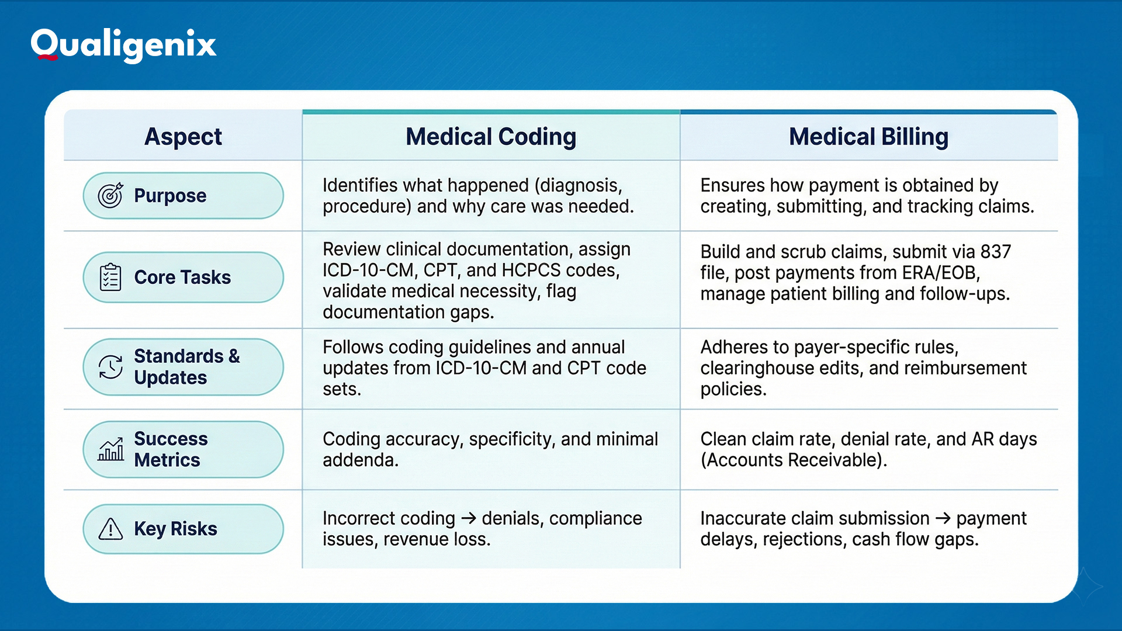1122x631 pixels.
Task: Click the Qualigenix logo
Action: (123, 44)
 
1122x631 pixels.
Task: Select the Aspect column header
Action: (183, 137)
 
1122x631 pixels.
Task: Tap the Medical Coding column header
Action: (491, 137)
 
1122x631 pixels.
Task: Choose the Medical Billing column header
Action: (868, 137)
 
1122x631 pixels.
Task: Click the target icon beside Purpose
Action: (110, 195)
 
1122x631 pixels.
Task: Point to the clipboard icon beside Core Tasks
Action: (110, 277)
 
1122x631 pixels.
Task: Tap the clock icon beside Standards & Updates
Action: (110, 367)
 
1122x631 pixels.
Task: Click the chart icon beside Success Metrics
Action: (110, 449)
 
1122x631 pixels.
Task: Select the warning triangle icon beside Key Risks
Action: (110, 529)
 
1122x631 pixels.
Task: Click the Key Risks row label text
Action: (175, 529)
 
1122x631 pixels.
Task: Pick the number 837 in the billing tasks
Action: (995, 252)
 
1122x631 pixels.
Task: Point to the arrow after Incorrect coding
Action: (468, 518)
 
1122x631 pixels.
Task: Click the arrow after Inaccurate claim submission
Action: (943, 518)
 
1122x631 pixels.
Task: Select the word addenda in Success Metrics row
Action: (360, 460)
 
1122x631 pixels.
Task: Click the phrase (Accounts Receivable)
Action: (793, 460)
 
